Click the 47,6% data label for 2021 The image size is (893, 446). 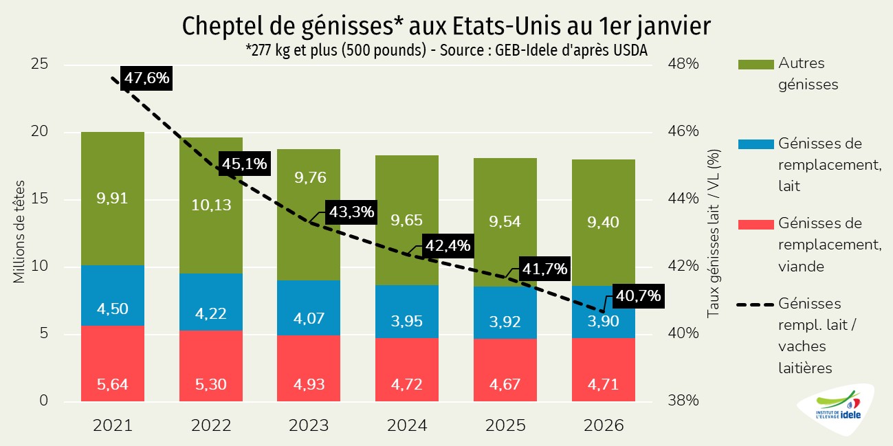tap(146, 78)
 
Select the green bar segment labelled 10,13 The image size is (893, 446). tap(210, 205)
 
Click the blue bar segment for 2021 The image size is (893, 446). tap(113, 296)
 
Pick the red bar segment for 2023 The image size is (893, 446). tap(309, 368)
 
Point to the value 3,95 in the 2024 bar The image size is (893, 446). tap(407, 321)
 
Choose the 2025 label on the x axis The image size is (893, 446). tap(505, 425)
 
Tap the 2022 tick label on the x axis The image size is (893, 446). tap(210, 425)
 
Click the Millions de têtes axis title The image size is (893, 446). tap(19, 233)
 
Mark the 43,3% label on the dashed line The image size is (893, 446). tap(351, 212)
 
